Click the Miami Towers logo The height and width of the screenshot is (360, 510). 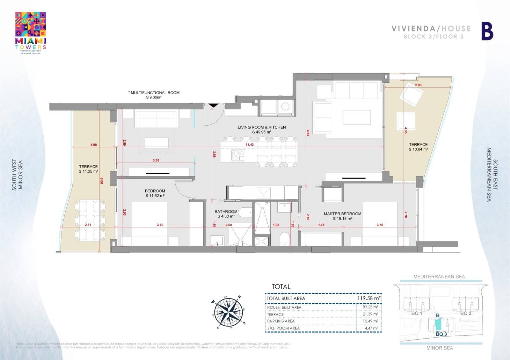(x=31, y=32)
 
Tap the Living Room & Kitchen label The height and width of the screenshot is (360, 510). (x=262, y=129)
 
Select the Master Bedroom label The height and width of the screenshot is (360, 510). (x=342, y=216)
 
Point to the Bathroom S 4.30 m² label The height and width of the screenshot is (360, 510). (x=226, y=214)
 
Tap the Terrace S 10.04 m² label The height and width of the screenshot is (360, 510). (x=418, y=147)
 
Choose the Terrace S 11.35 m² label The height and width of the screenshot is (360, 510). (x=88, y=169)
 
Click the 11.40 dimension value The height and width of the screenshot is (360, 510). (x=250, y=145)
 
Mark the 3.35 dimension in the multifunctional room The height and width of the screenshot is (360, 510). (x=156, y=160)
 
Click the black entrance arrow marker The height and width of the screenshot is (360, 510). (x=213, y=105)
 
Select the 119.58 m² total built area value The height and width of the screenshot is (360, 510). (x=369, y=298)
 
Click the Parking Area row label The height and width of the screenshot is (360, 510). (x=281, y=321)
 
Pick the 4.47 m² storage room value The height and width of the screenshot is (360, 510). (x=371, y=328)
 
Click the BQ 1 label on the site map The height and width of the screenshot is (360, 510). (x=416, y=313)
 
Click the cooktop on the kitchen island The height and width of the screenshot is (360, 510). (x=237, y=155)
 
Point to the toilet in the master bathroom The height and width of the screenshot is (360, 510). (x=285, y=239)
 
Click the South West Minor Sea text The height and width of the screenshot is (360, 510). (x=17, y=175)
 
